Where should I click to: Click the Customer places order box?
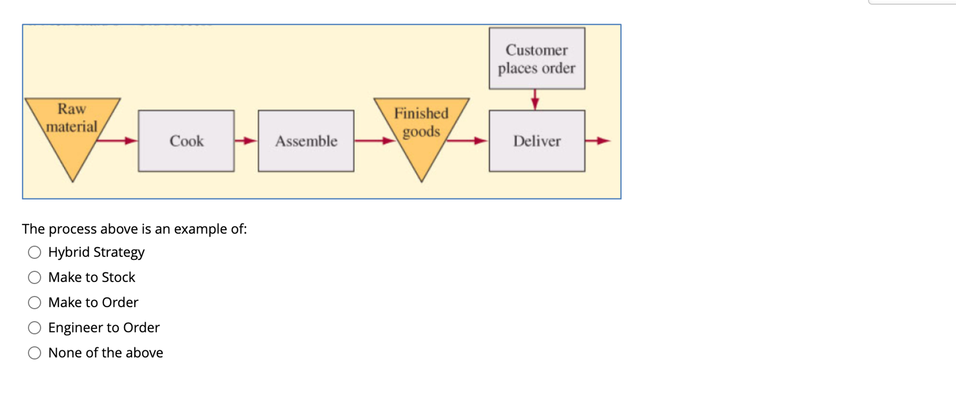pos(537,58)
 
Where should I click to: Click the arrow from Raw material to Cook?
pos(117,141)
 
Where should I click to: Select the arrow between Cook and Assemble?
pos(246,141)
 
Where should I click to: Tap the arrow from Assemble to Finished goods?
pos(374,141)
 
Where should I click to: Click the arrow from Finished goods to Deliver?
pos(468,141)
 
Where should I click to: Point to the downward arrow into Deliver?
pos(535,99)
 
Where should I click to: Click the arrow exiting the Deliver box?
pos(598,141)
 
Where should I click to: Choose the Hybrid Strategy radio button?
pos(34,252)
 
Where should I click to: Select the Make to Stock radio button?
pos(34,277)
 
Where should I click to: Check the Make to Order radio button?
pos(34,303)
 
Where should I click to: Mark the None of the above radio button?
pos(34,353)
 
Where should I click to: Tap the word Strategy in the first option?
pos(119,252)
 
